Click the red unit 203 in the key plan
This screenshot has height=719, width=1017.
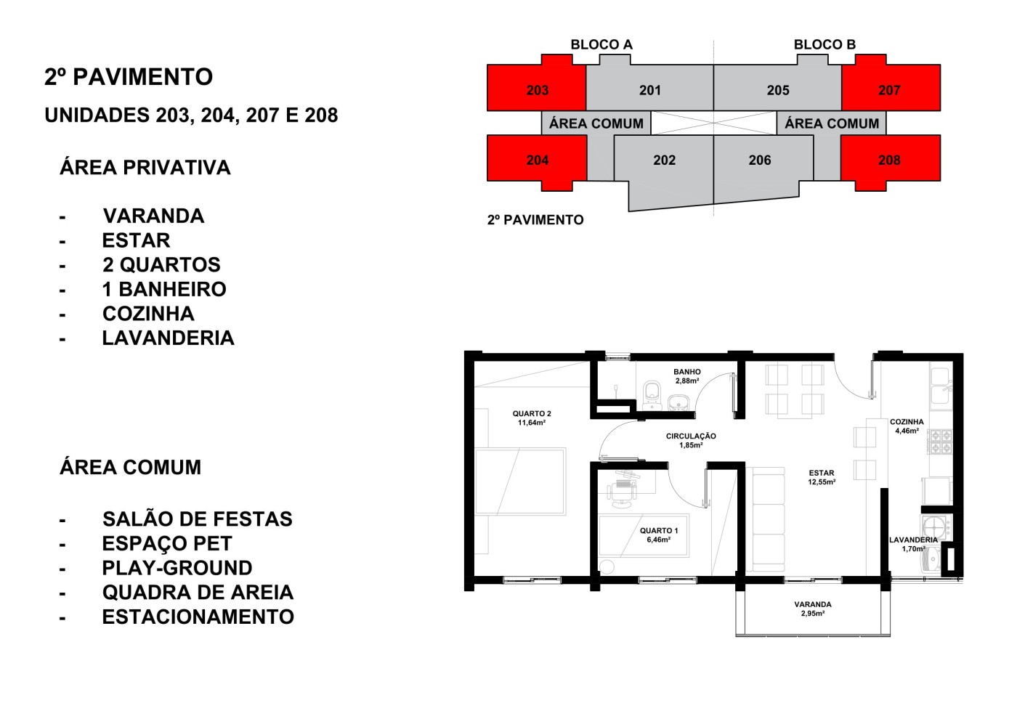[x=537, y=90]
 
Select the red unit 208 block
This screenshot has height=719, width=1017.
[x=889, y=160]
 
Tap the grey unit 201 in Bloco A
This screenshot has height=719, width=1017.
[x=649, y=90]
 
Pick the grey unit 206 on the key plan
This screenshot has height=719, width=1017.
[x=760, y=160]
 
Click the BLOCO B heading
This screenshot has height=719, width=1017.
[x=824, y=44]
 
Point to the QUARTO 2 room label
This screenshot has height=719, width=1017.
[x=532, y=418]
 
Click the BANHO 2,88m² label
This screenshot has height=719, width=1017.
[x=686, y=376]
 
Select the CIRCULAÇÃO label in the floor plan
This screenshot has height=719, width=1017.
[x=691, y=440]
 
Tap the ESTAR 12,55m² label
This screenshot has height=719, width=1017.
[x=822, y=477]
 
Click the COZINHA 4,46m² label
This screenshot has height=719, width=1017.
[x=907, y=426]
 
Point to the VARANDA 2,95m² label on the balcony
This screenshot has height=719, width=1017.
[x=813, y=609]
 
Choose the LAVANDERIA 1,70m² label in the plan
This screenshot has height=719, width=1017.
[x=913, y=544]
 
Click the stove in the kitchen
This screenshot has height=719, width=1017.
[x=941, y=442]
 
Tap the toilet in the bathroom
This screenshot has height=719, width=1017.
[x=651, y=393]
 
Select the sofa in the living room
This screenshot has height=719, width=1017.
[x=769, y=519]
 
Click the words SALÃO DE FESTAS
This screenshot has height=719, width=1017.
[x=197, y=519]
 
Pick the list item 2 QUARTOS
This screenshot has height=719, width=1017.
[x=161, y=265]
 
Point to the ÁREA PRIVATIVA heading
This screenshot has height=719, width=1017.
[x=145, y=168]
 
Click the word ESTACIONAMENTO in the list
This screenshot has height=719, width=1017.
[x=198, y=617]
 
